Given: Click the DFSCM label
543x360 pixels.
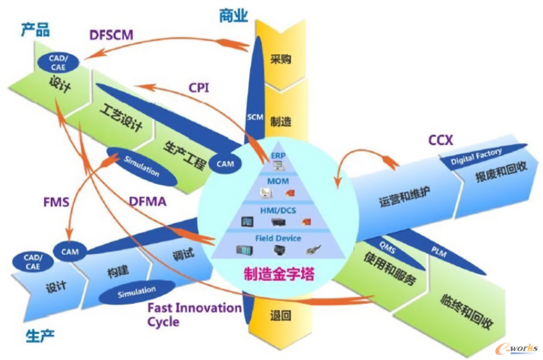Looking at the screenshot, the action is pos(111,35).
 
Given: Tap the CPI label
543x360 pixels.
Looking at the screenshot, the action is pos(199,87).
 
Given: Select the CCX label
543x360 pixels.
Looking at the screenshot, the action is pos(440,140).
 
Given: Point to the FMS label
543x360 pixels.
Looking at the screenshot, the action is pos(56,202).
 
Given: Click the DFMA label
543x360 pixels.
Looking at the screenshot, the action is pos(147,202).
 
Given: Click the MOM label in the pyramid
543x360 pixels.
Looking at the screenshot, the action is pos(278,181).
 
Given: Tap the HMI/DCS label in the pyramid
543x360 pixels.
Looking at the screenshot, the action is pos(278,211).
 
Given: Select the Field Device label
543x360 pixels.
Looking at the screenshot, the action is pos(278,238).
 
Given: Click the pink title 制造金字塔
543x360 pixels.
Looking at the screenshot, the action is pos(279,274).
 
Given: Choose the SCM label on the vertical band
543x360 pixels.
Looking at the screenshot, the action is pos(255,117).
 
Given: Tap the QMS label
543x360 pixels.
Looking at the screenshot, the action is pos(387,248).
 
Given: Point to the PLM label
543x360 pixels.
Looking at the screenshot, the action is pos(439,252).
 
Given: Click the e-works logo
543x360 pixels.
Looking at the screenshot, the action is pos(517,348).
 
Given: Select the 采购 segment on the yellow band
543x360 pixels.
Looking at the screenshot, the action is pos(281,59).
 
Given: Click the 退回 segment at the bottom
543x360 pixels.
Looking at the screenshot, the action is pos(281,315).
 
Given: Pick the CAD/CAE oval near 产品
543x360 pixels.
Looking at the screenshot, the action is pos(58,63).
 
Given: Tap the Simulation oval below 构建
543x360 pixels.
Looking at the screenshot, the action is pos(137,292).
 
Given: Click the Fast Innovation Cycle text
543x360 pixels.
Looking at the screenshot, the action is pos(195,315).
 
